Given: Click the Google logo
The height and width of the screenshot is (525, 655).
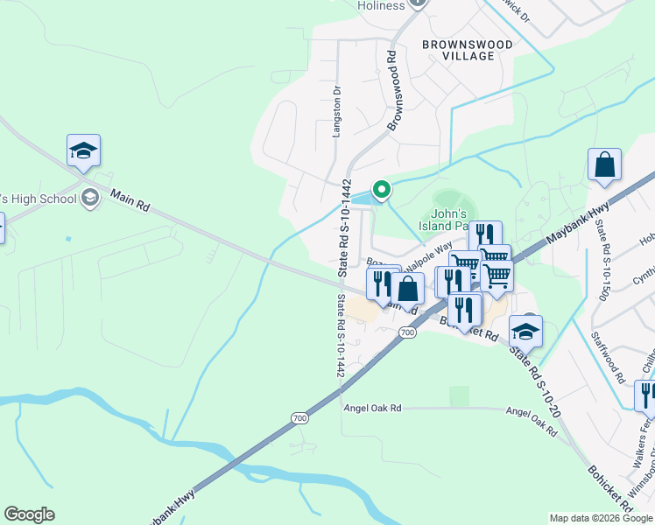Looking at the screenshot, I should pos(29,514).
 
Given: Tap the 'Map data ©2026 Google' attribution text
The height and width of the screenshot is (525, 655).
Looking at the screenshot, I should pos(600,518).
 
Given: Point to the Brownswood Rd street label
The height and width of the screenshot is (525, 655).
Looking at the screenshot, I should pos(393,91).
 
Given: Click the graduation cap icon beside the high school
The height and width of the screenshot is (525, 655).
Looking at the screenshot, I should pos(83,150).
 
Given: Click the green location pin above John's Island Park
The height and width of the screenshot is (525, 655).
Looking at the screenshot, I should pos(381,188).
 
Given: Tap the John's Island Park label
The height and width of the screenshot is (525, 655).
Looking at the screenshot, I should pos(453,220).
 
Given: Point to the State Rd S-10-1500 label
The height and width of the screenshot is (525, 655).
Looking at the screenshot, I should pos(602,258).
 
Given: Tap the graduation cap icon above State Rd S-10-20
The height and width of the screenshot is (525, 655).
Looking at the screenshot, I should pos(525,331).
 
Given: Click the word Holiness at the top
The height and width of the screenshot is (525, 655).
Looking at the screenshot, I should pos(381,5).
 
